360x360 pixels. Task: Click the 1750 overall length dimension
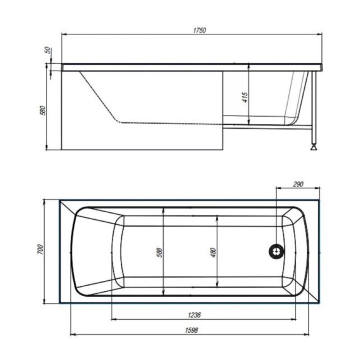tap(199, 30)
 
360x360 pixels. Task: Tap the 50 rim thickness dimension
tap(47, 50)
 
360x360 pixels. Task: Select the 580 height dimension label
tap(43, 111)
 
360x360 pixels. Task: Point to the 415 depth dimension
tap(245, 97)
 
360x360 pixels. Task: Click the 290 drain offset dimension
tap(298, 184)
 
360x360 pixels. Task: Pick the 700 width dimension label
tap(40, 249)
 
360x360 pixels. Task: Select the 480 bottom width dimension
tap(213, 252)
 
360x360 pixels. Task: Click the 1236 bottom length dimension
tap(194, 315)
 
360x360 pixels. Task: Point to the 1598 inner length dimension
tap(192, 330)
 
